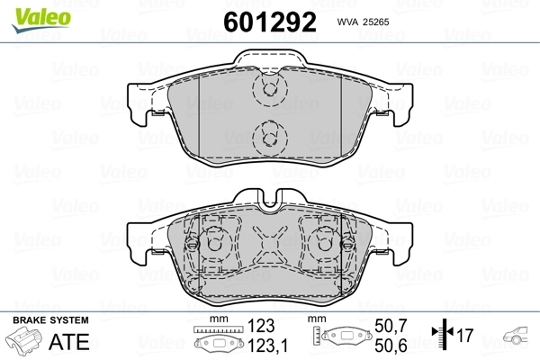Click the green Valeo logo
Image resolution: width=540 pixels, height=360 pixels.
[41, 20]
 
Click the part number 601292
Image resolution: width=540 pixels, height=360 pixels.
[270, 22]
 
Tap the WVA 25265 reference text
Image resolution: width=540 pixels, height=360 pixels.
[363, 22]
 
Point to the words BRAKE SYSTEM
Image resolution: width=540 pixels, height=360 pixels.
[50, 320]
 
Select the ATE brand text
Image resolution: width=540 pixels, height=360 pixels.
[69, 341]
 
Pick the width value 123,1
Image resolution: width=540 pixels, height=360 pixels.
[267, 346]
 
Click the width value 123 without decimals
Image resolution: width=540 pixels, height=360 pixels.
[261, 326]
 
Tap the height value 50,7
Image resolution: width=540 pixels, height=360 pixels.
[391, 326]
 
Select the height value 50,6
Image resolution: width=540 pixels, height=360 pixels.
[391, 346]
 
